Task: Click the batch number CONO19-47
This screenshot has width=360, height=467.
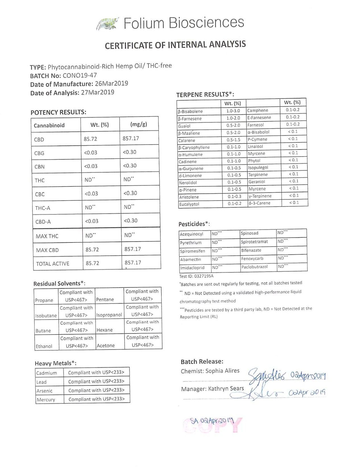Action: coord(80,76)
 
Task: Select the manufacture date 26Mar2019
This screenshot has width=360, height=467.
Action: coord(111,84)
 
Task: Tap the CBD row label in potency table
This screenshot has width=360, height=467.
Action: coord(39,140)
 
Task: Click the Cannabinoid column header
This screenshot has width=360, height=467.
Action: coord(49,125)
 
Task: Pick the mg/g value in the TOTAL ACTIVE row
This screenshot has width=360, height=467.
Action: coord(133,263)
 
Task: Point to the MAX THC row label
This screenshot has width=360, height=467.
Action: coord(47,236)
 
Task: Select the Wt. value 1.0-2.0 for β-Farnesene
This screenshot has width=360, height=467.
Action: coord(233,118)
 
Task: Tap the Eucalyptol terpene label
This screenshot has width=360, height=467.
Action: coord(189,204)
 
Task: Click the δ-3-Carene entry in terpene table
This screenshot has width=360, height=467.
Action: coord(259,203)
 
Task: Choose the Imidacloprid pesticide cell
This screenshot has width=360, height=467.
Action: coord(192,268)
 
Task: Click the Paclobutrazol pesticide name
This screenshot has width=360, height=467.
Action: coord(254,267)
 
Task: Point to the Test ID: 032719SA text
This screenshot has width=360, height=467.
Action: coord(196,276)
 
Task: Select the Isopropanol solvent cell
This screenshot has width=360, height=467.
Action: coord(109,315)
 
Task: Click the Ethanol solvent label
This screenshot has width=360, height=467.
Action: coord(44,346)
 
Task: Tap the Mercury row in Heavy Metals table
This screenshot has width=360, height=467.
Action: coord(46,400)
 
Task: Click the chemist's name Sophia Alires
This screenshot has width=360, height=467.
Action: coord(222,371)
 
